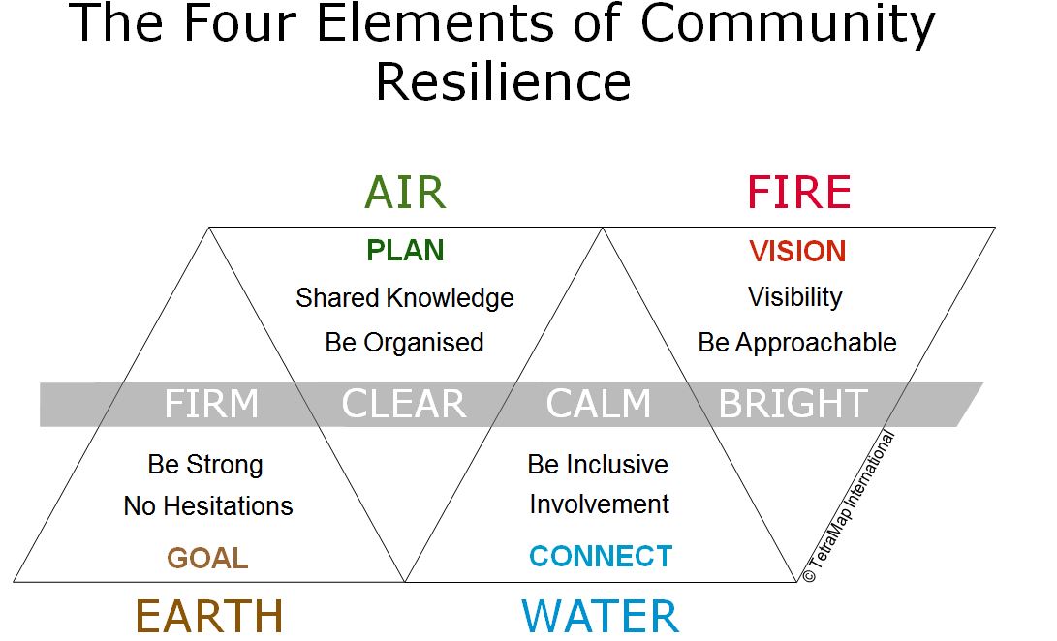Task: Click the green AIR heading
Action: click(x=405, y=193)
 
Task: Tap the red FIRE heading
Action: click(x=799, y=193)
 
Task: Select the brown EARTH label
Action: click(x=209, y=617)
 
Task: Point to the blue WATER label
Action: click(x=600, y=617)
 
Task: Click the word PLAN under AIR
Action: click(x=405, y=251)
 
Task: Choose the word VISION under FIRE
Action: click(x=797, y=252)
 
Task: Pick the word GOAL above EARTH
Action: click(x=207, y=558)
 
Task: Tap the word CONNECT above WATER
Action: click(x=601, y=557)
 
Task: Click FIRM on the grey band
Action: click(x=211, y=404)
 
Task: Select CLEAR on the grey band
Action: click(x=404, y=404)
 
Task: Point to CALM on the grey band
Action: click(x=598, y=404)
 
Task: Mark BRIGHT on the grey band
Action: click(x=793, y=404)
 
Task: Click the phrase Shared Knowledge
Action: click(x=404, y=298)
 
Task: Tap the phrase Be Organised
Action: click(x=404, y=343)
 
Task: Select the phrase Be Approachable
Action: click(x=796, y=343)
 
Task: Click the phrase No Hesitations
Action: click(x=208, y=506)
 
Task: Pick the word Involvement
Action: click(x=600, y=504)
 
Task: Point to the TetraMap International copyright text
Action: click(x=849, y=506)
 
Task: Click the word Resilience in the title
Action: click(x=503, y=82)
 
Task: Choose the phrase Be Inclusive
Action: click(x=598, y=465)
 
